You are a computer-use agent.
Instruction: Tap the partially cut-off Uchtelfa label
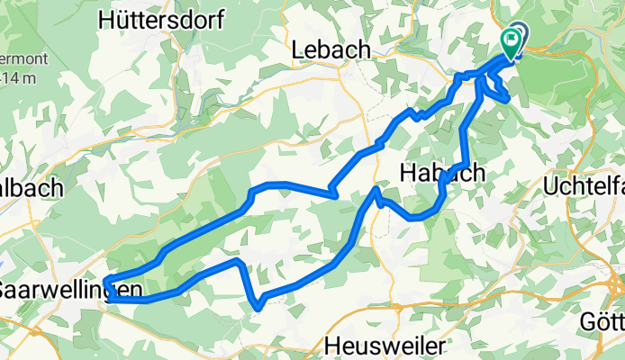[x=584, y=185]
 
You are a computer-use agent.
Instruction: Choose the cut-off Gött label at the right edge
[x=602, y=321]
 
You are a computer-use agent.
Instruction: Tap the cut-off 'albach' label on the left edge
[x=31, y=187]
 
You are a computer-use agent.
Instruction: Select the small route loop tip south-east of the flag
[x=508, y=97]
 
